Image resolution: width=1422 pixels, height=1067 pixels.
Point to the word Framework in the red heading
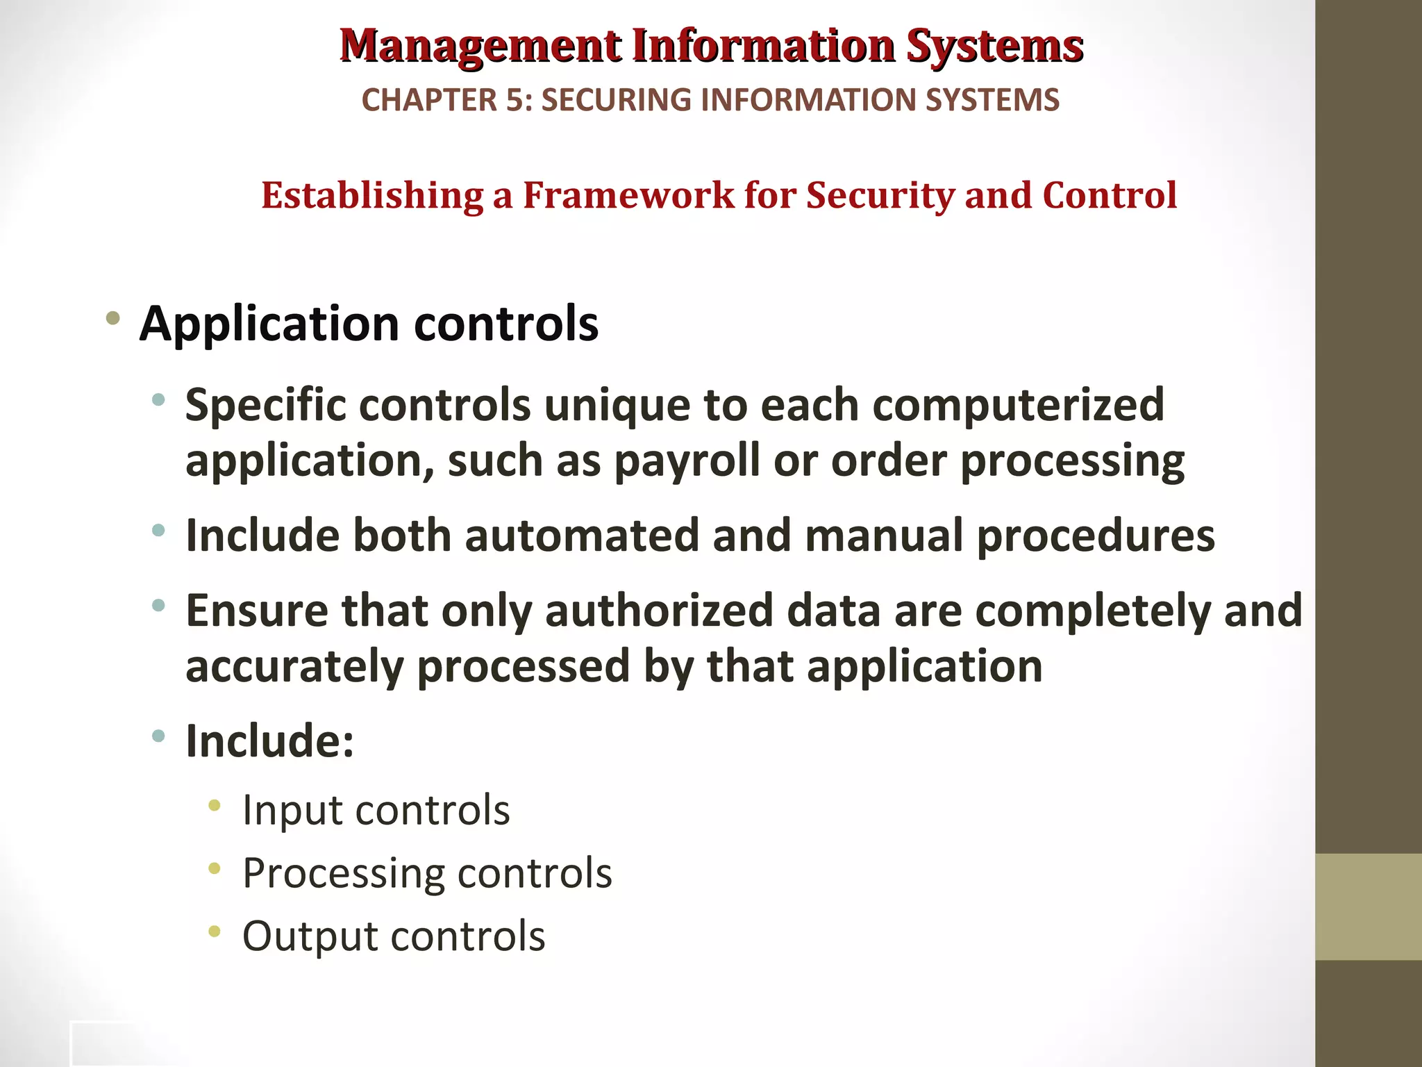click(628, 195)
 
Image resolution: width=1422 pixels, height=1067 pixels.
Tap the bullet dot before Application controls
click(112, 320)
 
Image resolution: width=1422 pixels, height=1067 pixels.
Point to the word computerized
click(1018, 404)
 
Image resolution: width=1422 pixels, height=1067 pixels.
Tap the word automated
click(582, 536)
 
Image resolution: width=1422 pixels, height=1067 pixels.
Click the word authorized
click(659, 611)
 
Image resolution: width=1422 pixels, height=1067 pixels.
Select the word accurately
click(294, 666)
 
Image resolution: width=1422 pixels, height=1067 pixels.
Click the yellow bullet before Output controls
click(215, 931)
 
